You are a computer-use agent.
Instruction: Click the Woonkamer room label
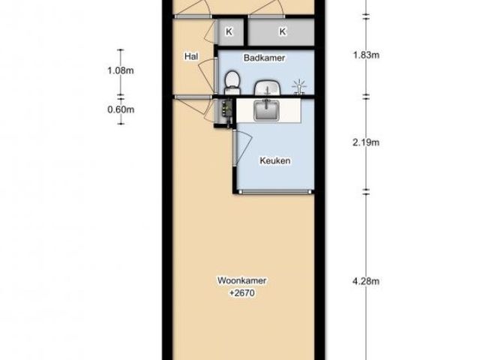pyautogui.click(x=241, y=280)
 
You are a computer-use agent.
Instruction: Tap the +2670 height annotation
pyautogui.click(x=241, y=293)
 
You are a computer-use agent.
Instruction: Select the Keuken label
pyautogui.click(x=275, y=160)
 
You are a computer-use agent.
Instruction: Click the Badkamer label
pyautogui.click(x=264, y=58)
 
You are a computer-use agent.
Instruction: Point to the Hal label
pyautogui.click(x=191, y=56)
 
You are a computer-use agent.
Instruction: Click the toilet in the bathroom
pyautogui.click(x=232, y=82)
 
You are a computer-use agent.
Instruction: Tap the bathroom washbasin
pyautogui.click(x=268, y=88)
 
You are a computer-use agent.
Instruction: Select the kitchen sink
pyautogui.click(x=266, y=110)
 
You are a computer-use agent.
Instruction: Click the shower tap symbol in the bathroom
pyautogui.click(x=299, y=87)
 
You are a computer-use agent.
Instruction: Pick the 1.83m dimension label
pyautogui.click(x=366, y=55)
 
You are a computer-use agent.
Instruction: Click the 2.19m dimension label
pyautogui.click(x=366, y=142)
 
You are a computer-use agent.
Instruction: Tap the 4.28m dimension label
pyautogui.click(x=366, y=281)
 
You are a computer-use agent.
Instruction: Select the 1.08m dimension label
pyautogui.click(x=121, y=70)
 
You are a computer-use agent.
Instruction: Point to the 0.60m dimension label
pyautogui.click(x=121, y=109)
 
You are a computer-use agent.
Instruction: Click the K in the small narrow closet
pyautogui.click(x=229, y=31)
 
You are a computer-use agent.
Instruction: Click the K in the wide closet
pyautogui.click(x=283, y=31)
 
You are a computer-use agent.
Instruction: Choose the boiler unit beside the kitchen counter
pyautogui.click(x=226, y=111)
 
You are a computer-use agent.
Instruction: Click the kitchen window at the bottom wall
pyautogui.click(x=275, y=192)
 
